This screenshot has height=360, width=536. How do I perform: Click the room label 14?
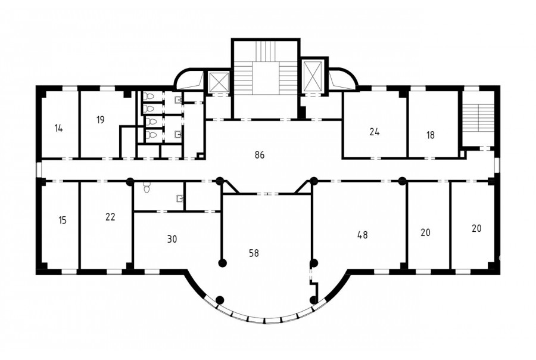click(x=59, y=129)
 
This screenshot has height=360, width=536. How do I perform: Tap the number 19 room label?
click(x=100, y=120)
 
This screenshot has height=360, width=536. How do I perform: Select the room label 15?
click(x=62, y=220)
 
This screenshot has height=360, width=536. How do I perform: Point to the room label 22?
click(x=110, y=217)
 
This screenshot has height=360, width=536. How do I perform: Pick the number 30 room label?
click(x=172, y=239)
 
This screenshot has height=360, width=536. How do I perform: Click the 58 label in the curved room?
click(x=254, y=253)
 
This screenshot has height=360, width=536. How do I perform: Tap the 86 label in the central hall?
click(x=260, y=155)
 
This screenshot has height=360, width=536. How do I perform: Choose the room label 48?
click(x=362, y=235)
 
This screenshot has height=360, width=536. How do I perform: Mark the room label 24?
click(x=375, y=132)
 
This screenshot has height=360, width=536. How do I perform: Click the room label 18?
click(x=431, y=135)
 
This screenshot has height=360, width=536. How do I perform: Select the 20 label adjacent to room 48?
click(x=425, y=232)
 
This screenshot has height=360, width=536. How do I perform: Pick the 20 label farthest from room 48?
click(x=476, y=228)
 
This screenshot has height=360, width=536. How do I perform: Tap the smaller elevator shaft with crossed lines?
click(x=218, y=82)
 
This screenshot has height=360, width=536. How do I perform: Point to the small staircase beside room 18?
click(x=478, y=117)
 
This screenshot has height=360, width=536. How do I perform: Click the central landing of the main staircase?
click(x=266, y=78)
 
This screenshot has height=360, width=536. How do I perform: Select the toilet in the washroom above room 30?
click(x=147, y=188)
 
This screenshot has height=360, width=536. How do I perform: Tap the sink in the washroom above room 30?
click(x=180, y=198)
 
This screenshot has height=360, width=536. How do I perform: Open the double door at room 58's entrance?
click(x=267, y=194)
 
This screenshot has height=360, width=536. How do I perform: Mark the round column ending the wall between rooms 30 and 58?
click(x=223, y=263)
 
